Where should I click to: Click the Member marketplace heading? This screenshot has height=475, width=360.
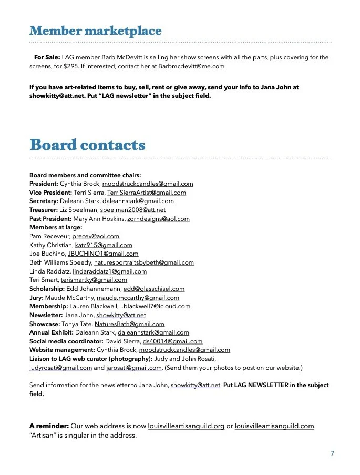coord(95,31)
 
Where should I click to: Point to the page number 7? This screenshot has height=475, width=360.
coord(332,453)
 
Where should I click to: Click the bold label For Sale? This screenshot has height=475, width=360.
coord(47,57)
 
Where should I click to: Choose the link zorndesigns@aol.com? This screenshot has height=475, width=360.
coord(158,219)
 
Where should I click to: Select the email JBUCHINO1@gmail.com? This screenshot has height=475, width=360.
coord(103,254)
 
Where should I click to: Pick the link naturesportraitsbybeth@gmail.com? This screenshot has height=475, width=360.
coord(143,262)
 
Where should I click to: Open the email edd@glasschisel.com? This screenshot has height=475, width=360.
coord(154,289)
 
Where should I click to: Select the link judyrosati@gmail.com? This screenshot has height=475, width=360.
coord(60,368)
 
